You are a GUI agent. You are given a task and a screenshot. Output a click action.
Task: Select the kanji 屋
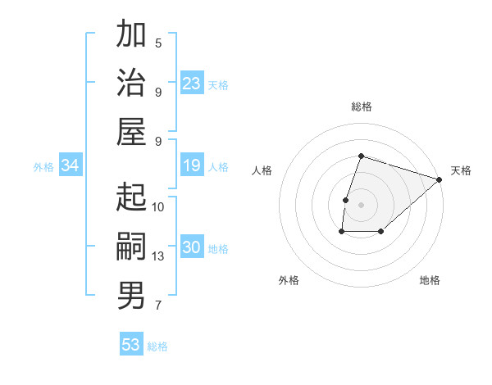click(131, 131)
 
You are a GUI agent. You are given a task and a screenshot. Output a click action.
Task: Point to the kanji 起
click(131, 197)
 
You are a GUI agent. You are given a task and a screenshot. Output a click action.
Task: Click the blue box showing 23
click(192, 84)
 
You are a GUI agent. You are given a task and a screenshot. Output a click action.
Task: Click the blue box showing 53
click(131, 345)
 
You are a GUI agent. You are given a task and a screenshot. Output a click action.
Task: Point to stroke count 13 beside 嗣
click(158, 256)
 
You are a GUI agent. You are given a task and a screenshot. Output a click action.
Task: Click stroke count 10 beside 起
click(158, 206)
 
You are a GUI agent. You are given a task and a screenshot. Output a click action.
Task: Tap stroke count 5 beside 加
click(158, 43)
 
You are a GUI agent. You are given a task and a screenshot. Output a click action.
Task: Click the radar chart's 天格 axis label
click(461, 170)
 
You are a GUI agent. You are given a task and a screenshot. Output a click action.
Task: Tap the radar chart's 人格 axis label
click(262, 170)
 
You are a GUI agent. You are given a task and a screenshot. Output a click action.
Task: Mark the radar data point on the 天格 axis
click(440, 179)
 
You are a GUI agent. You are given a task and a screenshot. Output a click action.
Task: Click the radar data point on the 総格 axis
click(361, 156)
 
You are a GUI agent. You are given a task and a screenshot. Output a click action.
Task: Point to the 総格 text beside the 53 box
click(157, 346)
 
